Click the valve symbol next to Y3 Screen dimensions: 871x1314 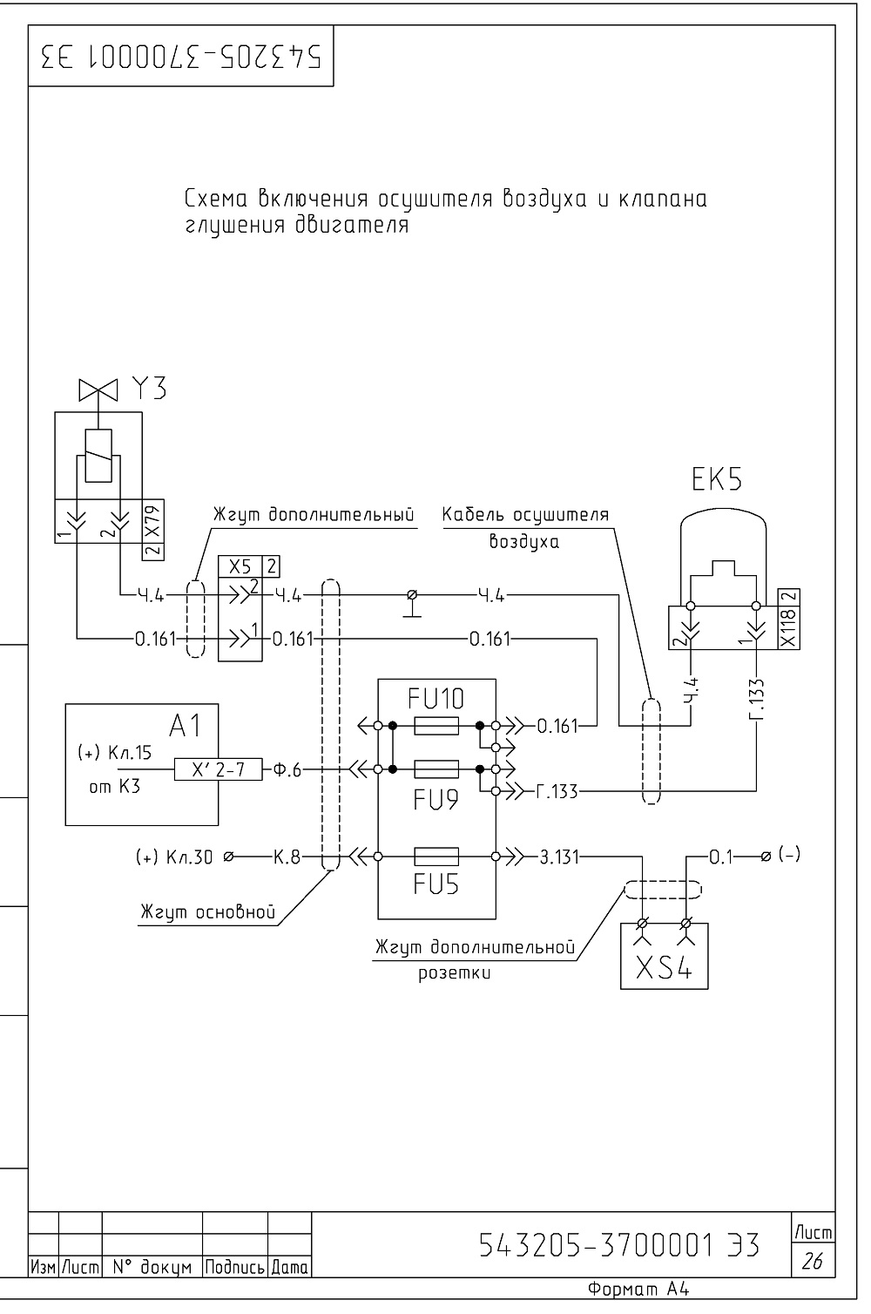98,389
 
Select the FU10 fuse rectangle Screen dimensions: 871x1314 435,726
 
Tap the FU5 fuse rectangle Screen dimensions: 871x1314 435,857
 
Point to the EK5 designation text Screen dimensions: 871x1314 716,479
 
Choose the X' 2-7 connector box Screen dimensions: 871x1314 219,769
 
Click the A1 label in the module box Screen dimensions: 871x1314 186,726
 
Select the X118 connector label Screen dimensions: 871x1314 788,627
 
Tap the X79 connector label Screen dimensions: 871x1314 152,522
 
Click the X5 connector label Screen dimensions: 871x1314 240,566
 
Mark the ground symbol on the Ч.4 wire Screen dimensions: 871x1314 412,605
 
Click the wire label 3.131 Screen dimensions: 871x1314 558,857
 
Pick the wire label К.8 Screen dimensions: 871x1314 287,857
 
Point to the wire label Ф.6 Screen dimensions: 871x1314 287,769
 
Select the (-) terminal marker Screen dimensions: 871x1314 789,855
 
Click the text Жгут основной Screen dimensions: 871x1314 207,911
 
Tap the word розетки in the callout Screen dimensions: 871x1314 454,973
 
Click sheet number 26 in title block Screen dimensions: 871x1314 812,1260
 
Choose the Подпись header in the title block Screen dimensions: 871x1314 234,1268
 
